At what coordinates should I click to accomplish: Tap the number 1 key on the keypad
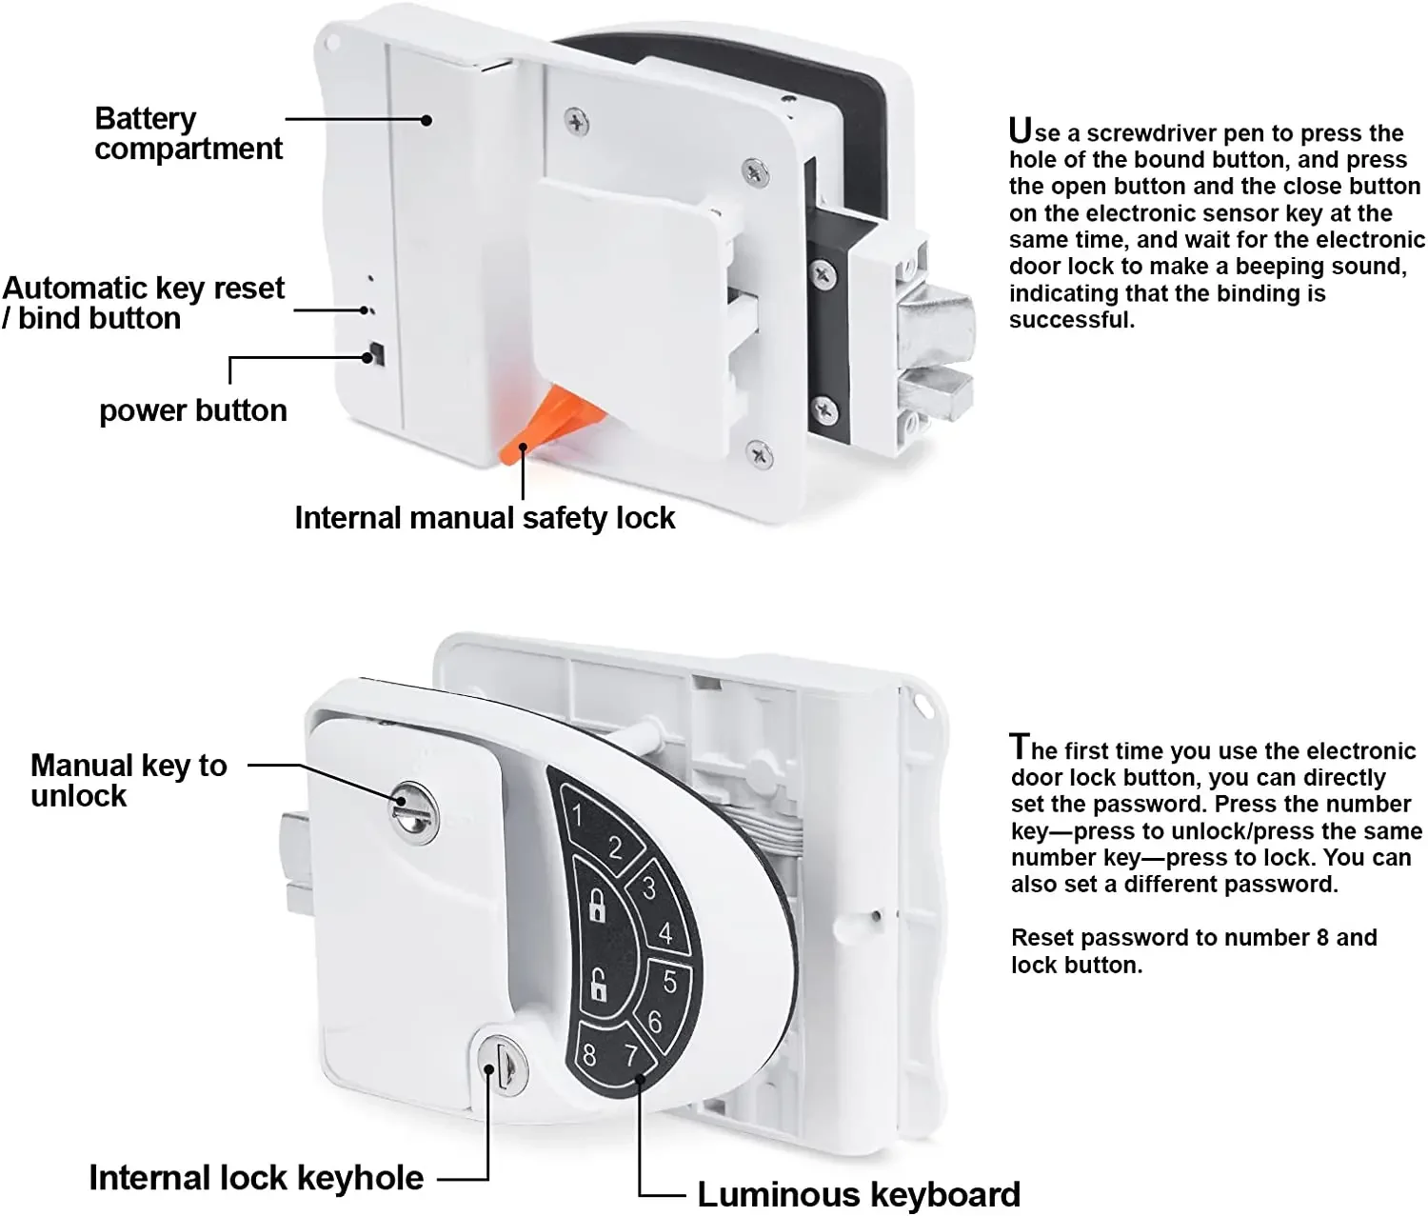pyautogui.click(x=578, y=816)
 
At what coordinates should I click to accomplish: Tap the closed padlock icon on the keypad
pyautogui.click(x=597, y=905)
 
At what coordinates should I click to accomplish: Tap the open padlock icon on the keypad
pyautogui.click(x=598, y=985)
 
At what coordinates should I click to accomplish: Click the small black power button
pyautogui.click(x=378, y=354)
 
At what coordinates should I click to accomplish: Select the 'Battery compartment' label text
pyautogui.click(x=188, y=133)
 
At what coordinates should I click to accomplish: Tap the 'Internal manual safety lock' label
pyautogui.click(x=485, y=518)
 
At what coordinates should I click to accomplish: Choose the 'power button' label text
pyautogui.click(x=192, y=410)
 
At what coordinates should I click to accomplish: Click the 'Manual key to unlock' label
pyautogui.click(x=129, y=780)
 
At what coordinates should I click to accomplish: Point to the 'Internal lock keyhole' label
pyautogui.click(x=256, y=1178)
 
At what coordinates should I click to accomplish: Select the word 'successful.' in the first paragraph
pyautogui.click(x=1072, y=320)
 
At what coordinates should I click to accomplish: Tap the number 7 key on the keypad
pyautogui.click(x=631, y=1055)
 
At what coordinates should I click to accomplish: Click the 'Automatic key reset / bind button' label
pyautogui.click(x=143, y=303)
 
